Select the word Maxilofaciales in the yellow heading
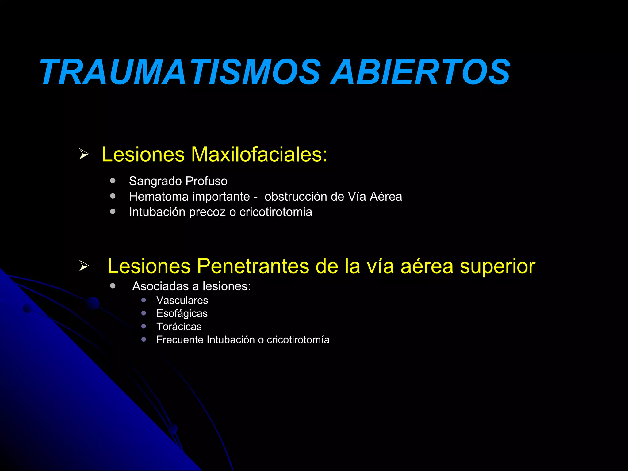tap(259, 154)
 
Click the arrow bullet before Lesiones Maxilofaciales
tap(84, 154)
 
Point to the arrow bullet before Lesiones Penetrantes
tap(84, 266)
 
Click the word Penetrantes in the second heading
tap(253, 266)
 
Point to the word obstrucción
tap(296, 197)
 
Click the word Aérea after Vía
tap(386, 197)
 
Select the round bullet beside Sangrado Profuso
tap(113, 181)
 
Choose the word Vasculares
tap(182, 300)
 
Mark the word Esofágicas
tap(182, 314)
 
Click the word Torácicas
tap(179, 327)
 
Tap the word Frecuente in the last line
tap(180, 340)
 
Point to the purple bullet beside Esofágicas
tap(144, 313)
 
